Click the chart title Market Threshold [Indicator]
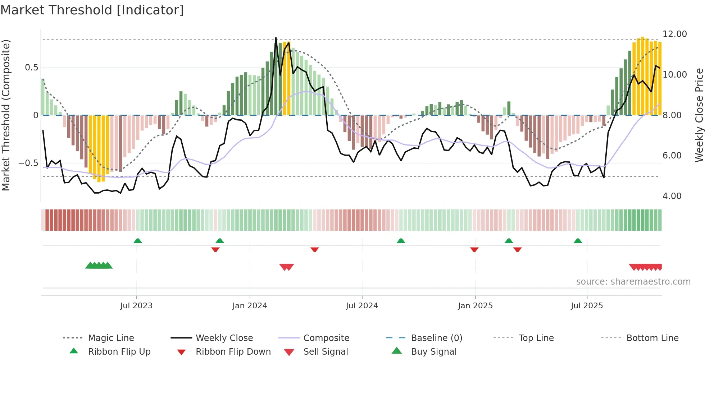click(x=92, y=10)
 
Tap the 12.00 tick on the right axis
click(x=674, y=34)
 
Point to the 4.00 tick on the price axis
click(x=672, y=196)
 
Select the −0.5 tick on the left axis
click(x=28, y=163)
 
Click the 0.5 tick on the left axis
click(x=31, y=68)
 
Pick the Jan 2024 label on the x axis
click(x=250, y=306)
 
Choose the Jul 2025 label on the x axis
click(x=587, y=306)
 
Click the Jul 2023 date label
click(x=136, y=306)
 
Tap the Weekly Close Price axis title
click(x=699, y=115)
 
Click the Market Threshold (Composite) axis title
click(x=6, y=115)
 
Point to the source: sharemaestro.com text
click(x=633, y=282)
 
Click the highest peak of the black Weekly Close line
click(x=276, y=38)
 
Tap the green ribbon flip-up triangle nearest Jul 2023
click(x=138, y=241)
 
